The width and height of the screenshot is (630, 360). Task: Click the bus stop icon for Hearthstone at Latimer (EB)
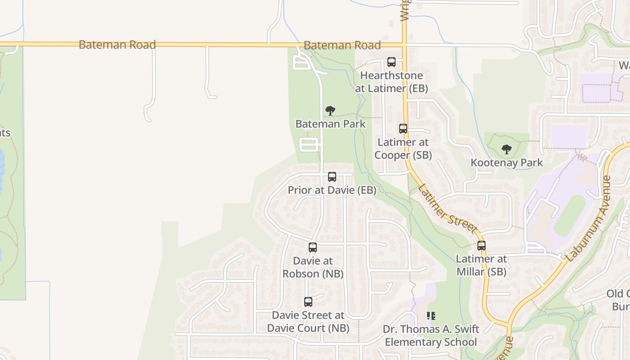391,62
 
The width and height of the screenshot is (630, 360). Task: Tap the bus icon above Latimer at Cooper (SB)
403,129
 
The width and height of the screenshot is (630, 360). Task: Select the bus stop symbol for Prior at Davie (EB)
332,177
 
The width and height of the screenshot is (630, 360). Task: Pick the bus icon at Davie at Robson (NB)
313,247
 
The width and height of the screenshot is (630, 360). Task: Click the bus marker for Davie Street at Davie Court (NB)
308,302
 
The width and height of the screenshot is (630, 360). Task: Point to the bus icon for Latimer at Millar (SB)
481,246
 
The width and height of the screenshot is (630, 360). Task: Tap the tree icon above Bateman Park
330,111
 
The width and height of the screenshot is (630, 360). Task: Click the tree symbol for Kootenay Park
507,149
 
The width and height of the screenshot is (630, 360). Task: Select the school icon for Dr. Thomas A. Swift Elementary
431,316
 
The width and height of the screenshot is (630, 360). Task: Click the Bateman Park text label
330,124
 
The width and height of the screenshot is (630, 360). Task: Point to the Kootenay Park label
507,162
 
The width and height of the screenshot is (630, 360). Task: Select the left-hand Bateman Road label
117,45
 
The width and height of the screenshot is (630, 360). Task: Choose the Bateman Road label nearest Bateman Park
342,45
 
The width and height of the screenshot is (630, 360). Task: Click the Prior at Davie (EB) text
332,190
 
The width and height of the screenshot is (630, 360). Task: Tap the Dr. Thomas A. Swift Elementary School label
431,336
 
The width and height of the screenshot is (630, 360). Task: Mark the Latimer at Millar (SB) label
481,265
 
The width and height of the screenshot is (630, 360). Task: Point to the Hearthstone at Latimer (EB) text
391,82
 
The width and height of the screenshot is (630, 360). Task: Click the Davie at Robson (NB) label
313,267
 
